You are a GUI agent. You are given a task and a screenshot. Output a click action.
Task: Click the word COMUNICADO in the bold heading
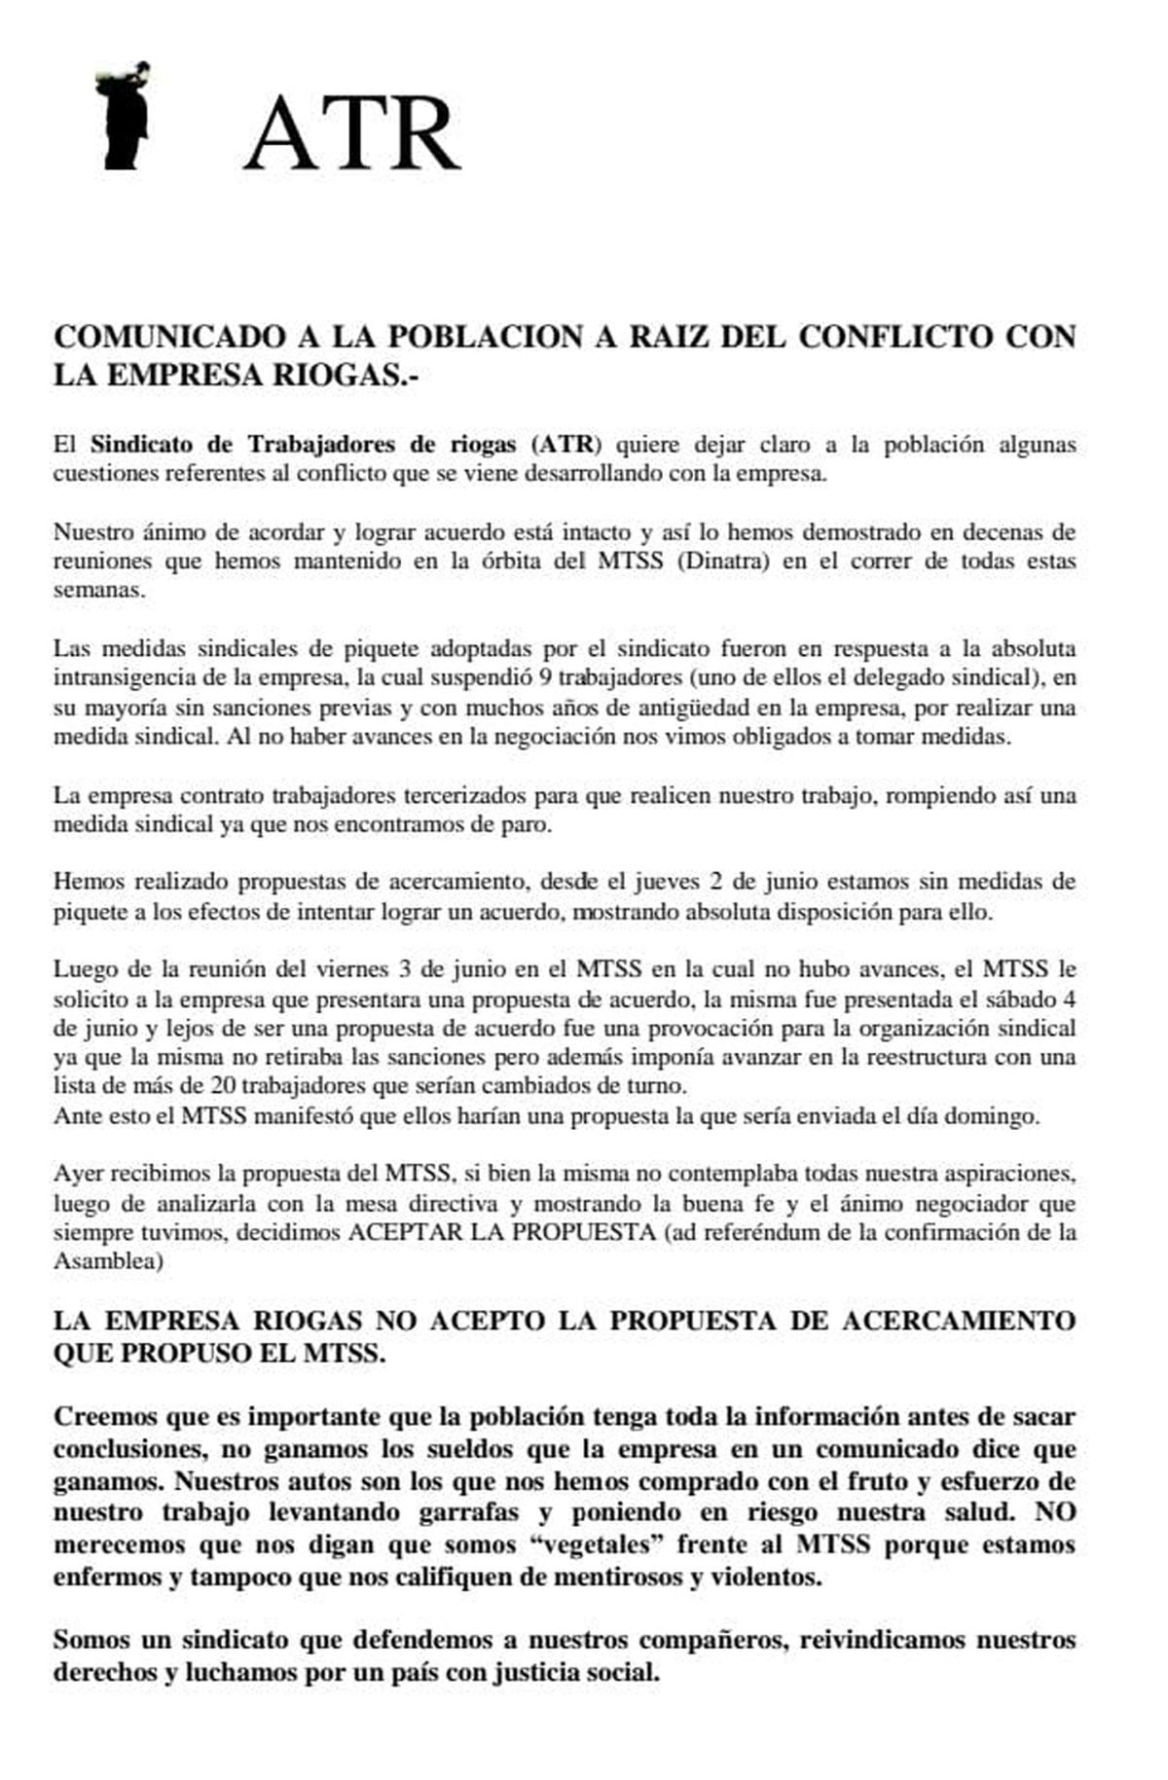click(163, 337)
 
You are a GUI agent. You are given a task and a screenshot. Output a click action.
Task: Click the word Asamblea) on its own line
click(108, 1262)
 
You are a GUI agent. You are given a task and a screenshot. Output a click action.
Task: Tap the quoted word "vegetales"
click(603, 1544)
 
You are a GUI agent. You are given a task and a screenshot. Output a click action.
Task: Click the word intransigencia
click(137, 677)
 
